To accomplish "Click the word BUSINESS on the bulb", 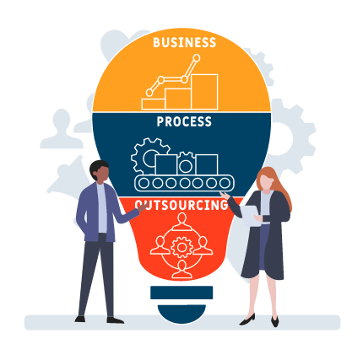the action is coord(185,42).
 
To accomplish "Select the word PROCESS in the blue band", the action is coord(184,121).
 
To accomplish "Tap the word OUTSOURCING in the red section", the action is coord(181,205).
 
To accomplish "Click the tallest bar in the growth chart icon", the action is coord(204,92).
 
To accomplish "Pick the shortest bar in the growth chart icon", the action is coord(154,104).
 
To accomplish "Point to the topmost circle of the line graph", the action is coord(197,58).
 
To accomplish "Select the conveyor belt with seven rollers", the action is coord(184,183).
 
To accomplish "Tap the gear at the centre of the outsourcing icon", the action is coord(181,247).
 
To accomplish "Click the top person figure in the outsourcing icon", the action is coord(182,222).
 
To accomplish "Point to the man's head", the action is coord(100,171).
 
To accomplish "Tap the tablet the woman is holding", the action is coord(251,216).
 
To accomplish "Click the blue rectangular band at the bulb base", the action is coord(181,293).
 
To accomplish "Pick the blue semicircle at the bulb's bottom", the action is coord(181,313).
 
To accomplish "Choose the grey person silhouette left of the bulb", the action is coord(62,129).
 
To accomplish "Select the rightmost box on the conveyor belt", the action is coord(207,164).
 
